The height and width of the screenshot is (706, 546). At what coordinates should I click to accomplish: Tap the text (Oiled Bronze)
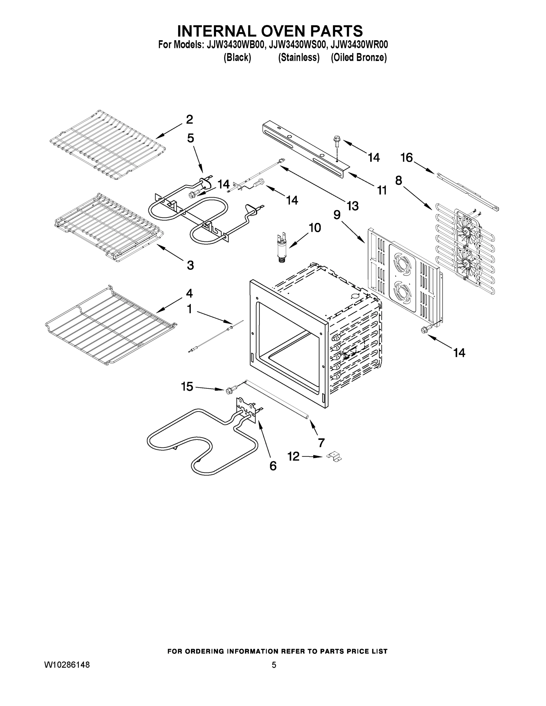point(359,58)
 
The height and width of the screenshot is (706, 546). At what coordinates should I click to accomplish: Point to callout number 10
point(314,228)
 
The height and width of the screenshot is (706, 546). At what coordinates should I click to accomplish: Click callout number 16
point(406,158)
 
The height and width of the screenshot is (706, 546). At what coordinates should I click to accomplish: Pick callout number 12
point(294,457)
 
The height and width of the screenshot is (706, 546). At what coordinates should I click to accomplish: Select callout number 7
point(321,442)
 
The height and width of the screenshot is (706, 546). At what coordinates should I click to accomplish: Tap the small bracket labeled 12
point(334,457)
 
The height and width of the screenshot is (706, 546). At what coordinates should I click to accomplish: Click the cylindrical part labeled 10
point(281,251)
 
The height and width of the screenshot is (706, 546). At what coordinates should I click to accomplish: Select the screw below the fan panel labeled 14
point(424,330)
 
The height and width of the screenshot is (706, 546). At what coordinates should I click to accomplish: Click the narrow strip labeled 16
point(467,191)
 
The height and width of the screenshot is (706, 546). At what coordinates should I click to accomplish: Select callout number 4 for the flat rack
point(189,293)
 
